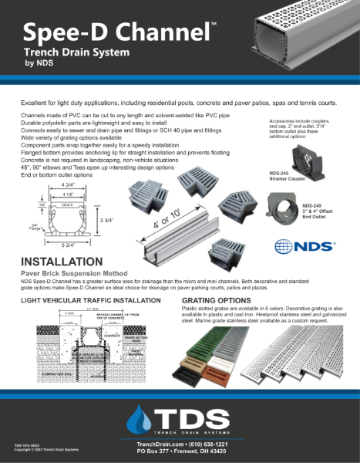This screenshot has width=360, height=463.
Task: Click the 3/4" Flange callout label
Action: coord(32,226)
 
